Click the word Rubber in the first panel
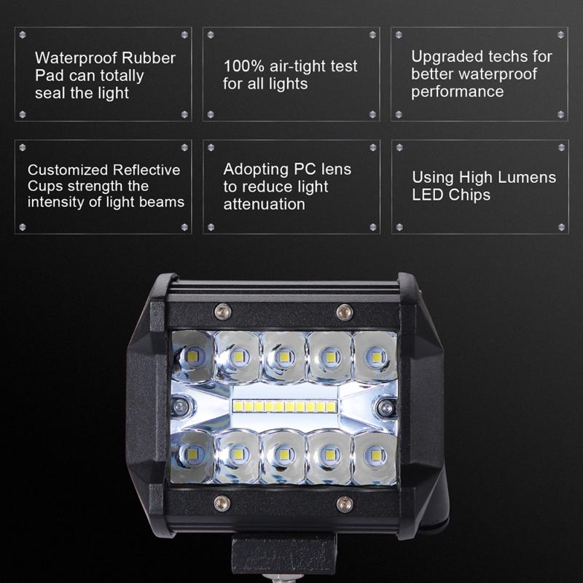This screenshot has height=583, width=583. (x=150, y=58)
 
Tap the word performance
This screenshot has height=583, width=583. (x=457, y=92)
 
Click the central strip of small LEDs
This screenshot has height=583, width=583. (x=284, y=404)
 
